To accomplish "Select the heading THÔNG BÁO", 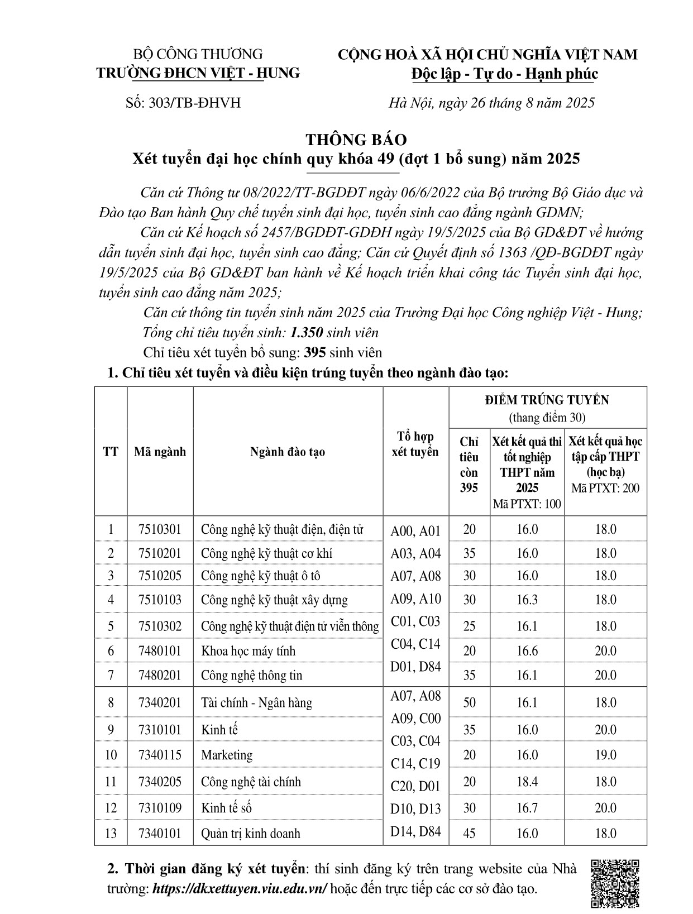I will pyautogui.click(x=356, y=140).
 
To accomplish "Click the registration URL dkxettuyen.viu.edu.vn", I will pyautogui.click(x=240, y=889).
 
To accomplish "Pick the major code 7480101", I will pyautogui.click(x=160, y=651).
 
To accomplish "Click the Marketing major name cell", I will pyautogui.click(x=227, y=755).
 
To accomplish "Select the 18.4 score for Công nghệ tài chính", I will pyautogui.click(x=527, y=782).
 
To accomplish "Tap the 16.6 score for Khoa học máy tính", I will pyautogui.click(x=527, y=651).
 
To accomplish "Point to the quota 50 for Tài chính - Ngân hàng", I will pyautogui.click(x=469, y=702).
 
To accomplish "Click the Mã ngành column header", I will pyautogui.click(x=160, y=452).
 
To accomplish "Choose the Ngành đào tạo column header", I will pyautogui.click(x=288, y=452).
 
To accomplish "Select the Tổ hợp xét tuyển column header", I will pyautogui.click(x=415, y=444).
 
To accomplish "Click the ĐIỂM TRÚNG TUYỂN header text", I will pyautogui.click(x=547, y=400).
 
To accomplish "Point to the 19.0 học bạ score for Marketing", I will pyautogui.click(x=605, y=755).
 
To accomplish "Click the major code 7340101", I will pyautogui.click(x=160, y=834).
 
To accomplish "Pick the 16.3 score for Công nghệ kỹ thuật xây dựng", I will pyautogui.click(x=527, y=600).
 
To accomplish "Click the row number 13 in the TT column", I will pyautogui.click(x=111, y=834).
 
